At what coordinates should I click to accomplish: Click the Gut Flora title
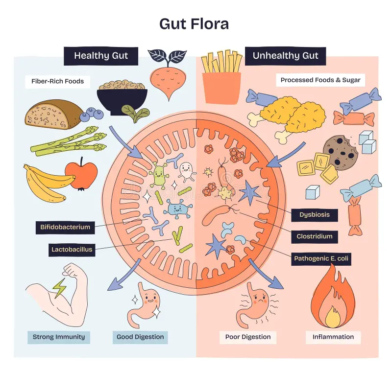(194, 23)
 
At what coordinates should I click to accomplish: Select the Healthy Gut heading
(101, 56)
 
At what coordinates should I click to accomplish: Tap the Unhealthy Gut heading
(286, 56)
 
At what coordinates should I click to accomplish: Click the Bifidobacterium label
(65, 227)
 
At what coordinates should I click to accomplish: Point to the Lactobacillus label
(72, 250)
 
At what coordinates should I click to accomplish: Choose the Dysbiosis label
(315, 214)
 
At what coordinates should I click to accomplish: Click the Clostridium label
(315, 236)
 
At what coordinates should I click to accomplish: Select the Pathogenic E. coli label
(322, 258)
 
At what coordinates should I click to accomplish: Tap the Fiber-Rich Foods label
(58, 81)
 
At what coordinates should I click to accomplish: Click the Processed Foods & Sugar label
(320, 80)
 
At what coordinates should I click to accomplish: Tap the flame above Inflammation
(333, 299)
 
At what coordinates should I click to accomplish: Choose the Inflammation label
(333, 337)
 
